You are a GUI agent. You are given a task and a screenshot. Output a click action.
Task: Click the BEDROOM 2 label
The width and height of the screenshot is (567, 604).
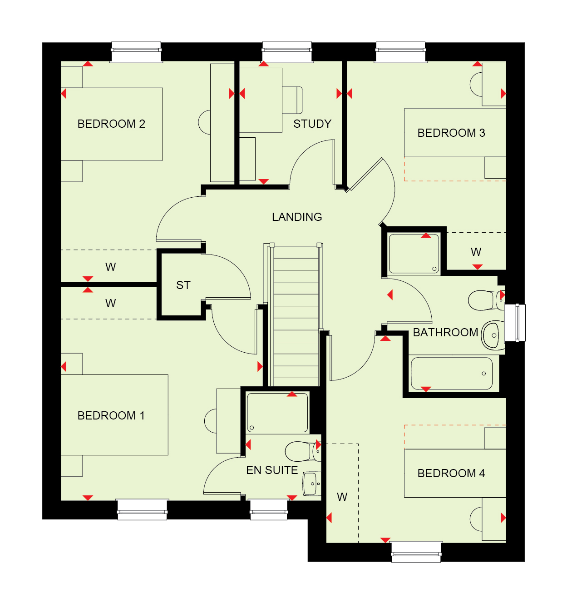click(x=111, y=124)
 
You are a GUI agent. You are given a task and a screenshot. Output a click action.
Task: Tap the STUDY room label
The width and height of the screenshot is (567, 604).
click(x=312, y=124)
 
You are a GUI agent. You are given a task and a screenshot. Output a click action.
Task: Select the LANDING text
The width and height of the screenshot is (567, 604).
click(x=297, y=217)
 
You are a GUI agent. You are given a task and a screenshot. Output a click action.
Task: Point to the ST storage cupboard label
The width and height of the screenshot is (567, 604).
click(x=183, y=285)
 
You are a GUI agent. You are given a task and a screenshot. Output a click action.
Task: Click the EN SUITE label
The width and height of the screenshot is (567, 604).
click(x=271, y=470)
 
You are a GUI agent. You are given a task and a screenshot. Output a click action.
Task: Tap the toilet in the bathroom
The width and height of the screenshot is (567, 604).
click(x=486, y=300)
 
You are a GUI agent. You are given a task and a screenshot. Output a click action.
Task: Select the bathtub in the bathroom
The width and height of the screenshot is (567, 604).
click(x=452, y=373)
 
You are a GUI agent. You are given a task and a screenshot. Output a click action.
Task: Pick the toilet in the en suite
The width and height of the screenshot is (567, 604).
click(x=303, y=451)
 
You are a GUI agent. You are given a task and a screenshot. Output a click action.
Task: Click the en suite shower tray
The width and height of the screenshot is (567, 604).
click(x=277, y=413)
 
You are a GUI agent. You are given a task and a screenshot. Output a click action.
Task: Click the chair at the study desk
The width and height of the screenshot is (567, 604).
click(x=292, y=100)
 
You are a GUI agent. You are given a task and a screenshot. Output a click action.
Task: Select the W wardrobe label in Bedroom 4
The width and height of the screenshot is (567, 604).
click(x=342, y=497)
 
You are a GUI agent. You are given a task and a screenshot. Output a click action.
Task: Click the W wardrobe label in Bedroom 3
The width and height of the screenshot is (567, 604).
click(x=476, y=252)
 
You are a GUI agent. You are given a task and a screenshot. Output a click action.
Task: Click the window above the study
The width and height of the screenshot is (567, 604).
click(x=287, y=52)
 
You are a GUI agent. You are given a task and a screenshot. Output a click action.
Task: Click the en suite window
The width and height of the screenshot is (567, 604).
click(x=269, y=509)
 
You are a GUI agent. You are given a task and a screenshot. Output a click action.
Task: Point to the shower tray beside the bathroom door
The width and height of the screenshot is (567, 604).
click(x=414, y=254)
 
